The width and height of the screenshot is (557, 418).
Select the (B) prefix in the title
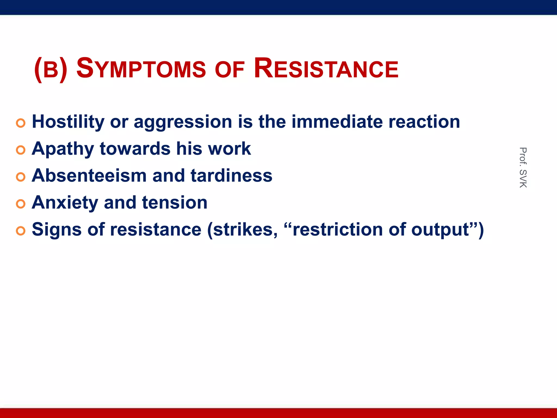pos(51,69)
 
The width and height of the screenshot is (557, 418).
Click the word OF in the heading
pos(230,70)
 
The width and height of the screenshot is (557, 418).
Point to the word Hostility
pos(68,122)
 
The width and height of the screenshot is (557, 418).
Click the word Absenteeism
pos(89,176)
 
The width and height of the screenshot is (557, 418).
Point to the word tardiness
pos(231,176)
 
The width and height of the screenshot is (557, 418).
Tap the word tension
pos(175,203)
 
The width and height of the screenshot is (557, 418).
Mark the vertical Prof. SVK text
pos(523,167)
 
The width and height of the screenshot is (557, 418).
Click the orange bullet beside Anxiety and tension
pos(21,204)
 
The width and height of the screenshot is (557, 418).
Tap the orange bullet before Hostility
pos(21,123)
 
